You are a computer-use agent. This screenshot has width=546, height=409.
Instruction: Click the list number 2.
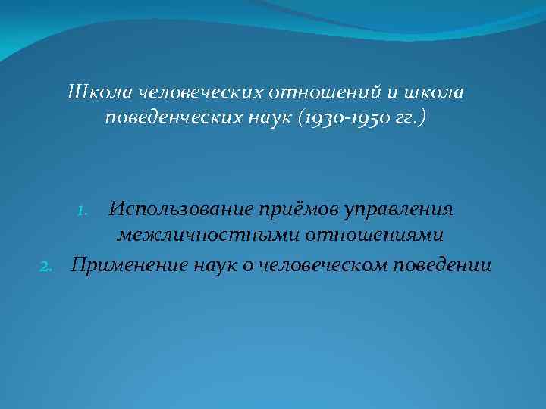click(46, 266)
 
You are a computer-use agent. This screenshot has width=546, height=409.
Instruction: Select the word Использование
click(180, 208)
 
